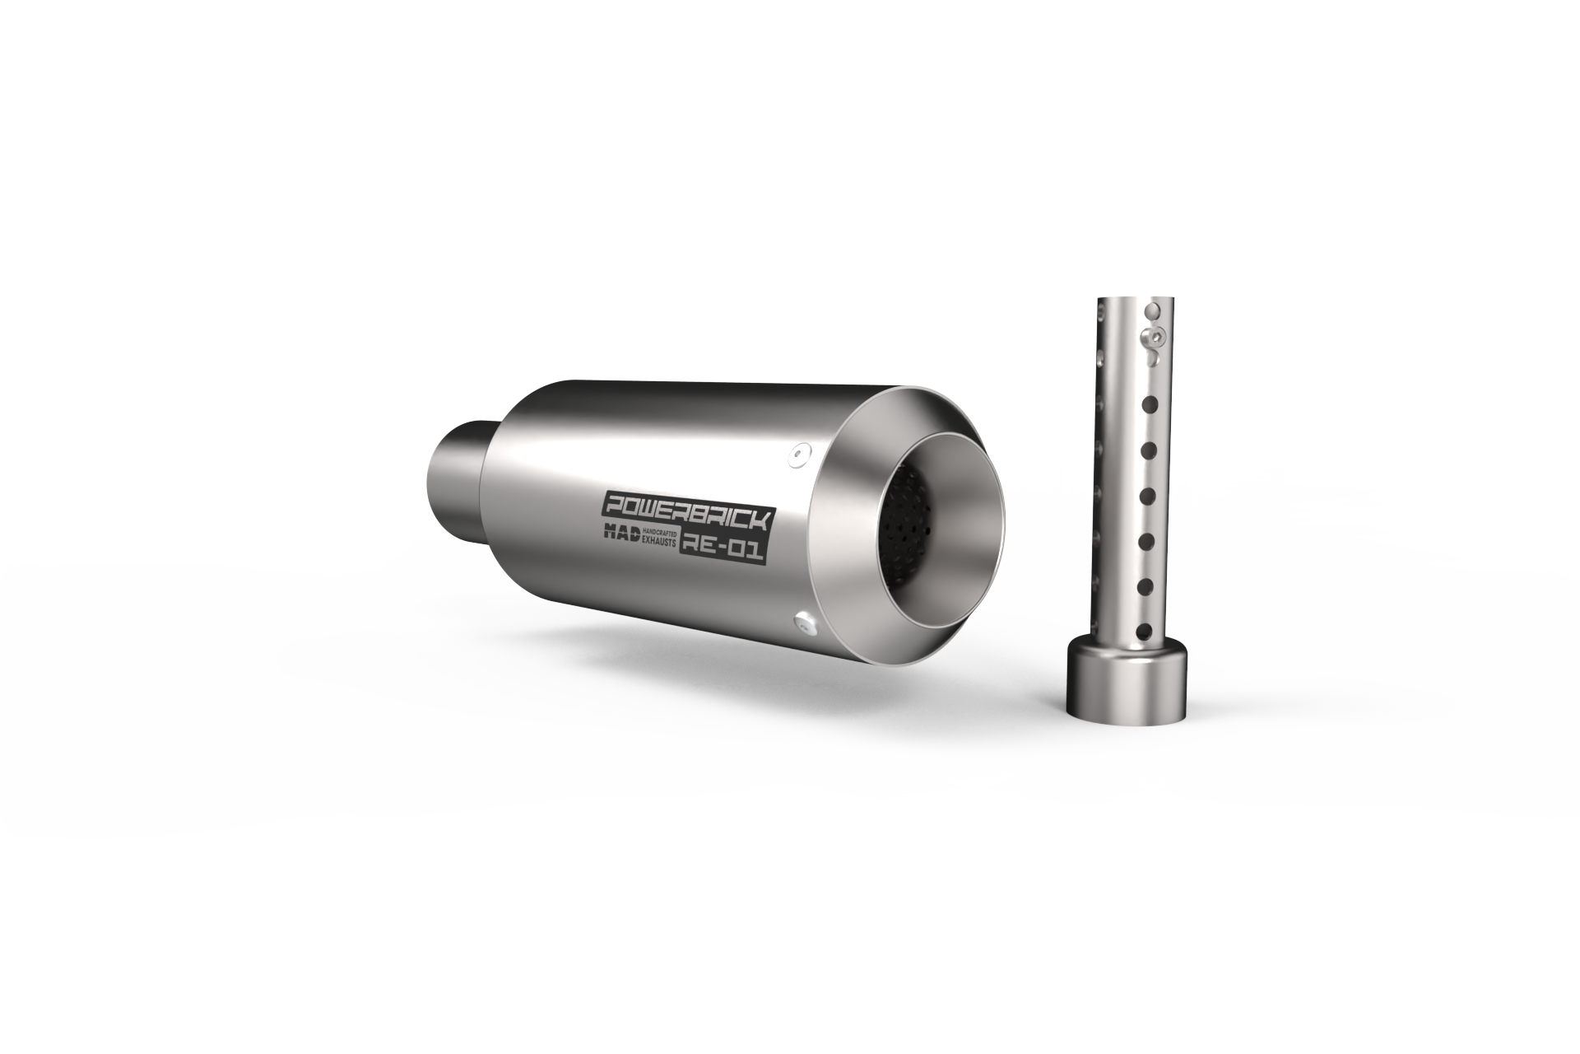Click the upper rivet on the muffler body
click(x=797, y=455)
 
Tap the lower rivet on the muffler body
click(x=805, y=624)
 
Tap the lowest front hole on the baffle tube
click(x=1144, y=632)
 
